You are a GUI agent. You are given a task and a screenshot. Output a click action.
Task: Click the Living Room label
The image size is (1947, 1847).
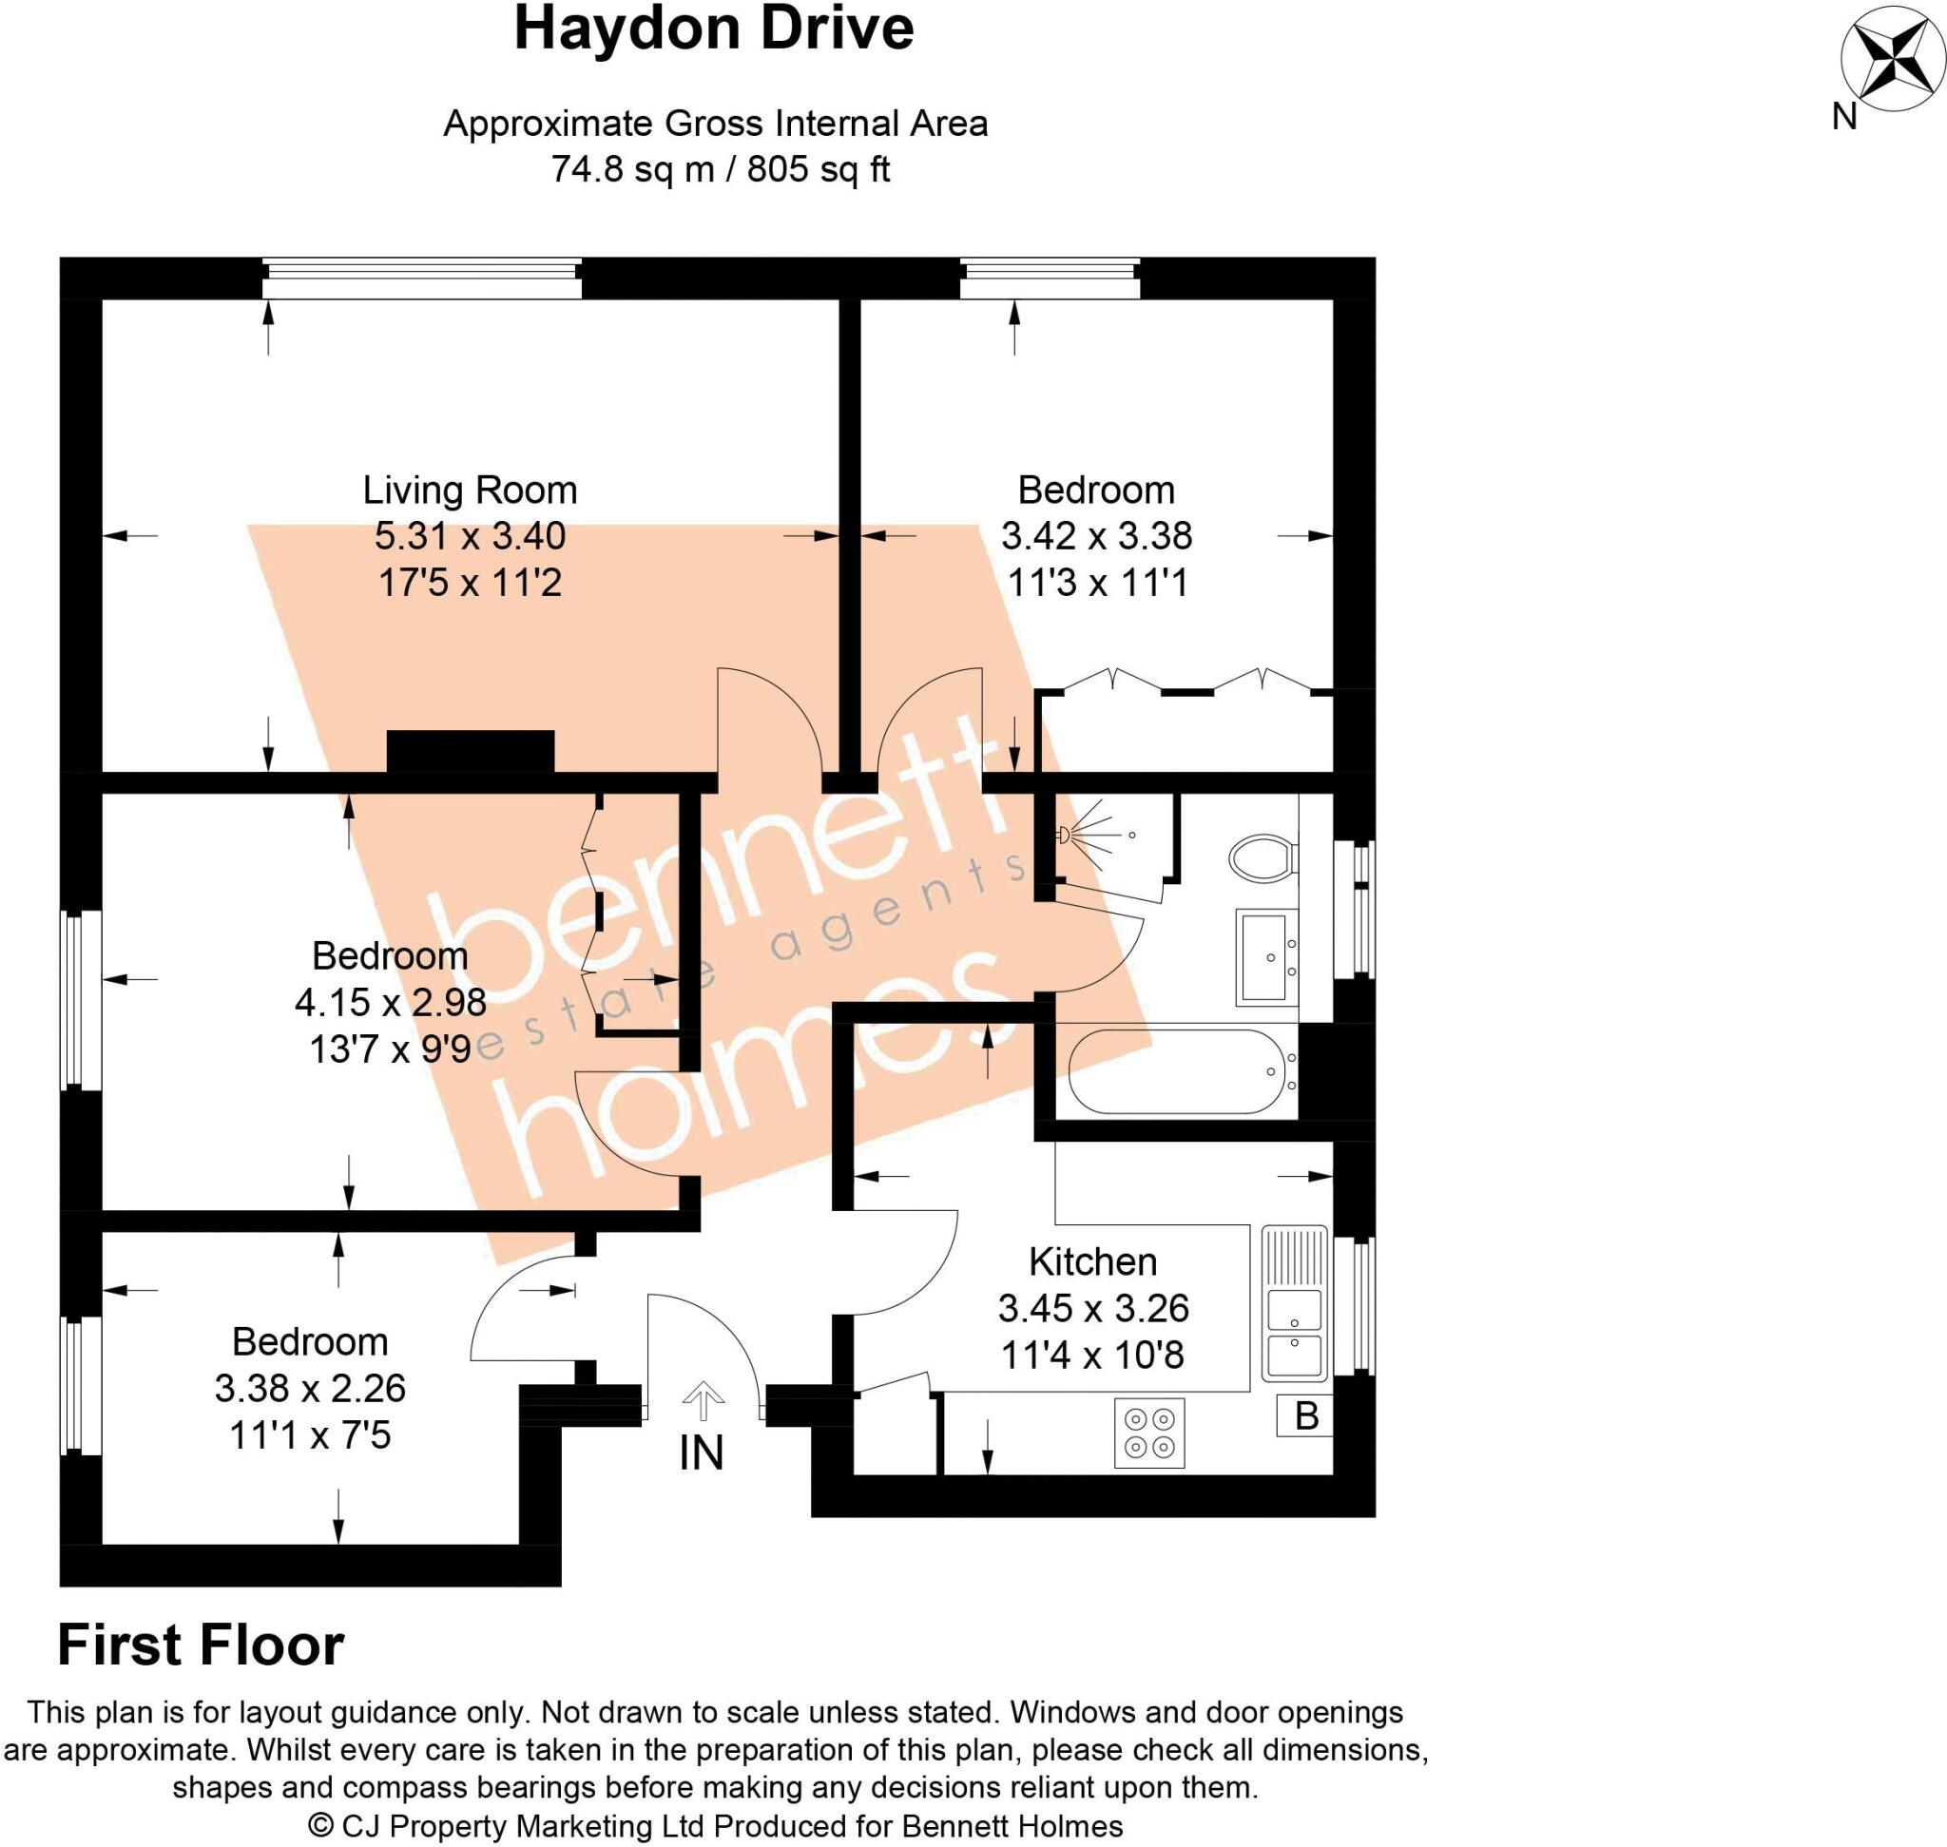470,491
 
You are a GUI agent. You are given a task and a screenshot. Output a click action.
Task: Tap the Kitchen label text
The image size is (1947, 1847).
1092,1261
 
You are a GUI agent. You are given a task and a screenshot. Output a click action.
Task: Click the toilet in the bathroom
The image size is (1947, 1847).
1262,857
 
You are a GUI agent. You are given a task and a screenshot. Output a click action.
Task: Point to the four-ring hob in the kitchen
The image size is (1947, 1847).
1149,1433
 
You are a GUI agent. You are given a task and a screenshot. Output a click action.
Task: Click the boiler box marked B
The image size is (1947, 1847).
1306,1415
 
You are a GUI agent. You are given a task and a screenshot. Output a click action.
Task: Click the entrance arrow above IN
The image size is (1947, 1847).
703,1400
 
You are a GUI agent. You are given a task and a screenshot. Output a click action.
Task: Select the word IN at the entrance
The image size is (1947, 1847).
702,1453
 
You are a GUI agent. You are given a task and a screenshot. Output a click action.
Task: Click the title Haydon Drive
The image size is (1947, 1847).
714,29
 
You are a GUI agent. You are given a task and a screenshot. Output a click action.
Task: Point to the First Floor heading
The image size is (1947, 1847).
201,1645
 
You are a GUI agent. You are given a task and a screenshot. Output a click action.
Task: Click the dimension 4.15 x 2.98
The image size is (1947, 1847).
391,1002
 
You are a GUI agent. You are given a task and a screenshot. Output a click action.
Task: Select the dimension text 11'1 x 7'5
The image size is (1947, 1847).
310,1434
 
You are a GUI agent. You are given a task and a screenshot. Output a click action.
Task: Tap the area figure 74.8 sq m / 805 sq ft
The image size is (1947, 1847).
720,169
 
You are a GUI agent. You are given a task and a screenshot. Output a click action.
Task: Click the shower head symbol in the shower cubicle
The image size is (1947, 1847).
1065,836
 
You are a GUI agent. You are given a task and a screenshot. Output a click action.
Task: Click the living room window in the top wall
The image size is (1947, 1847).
421,279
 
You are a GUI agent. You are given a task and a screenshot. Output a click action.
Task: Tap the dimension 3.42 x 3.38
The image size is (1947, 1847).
1096,536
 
